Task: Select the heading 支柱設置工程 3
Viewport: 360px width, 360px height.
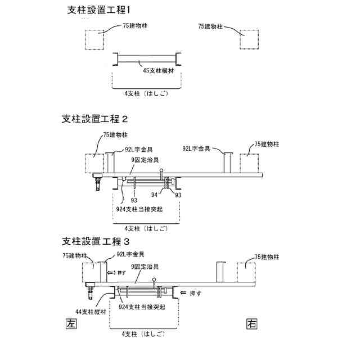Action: [95, 242]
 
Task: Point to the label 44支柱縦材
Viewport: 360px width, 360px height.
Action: [90, 310]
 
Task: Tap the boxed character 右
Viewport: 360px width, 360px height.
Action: [251, 323]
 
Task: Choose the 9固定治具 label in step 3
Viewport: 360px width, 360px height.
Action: [144, 266]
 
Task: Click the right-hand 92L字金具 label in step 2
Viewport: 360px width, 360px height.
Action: [197, 149]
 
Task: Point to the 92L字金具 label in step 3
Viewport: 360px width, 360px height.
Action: [130, 254]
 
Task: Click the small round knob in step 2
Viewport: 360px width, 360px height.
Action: [161, 170]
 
